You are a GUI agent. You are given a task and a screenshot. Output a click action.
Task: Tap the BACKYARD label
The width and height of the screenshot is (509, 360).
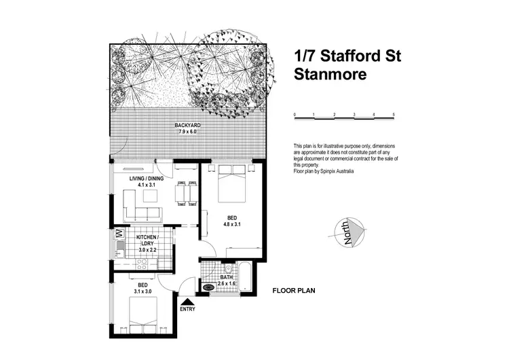click(187, 126)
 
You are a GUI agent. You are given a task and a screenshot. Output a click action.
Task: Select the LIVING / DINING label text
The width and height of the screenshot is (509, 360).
click(143, 179)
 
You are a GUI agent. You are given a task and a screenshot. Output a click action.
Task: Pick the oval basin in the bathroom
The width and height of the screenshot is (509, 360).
click(209, 287)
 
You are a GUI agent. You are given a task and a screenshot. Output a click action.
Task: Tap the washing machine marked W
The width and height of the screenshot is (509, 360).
click(118, 234)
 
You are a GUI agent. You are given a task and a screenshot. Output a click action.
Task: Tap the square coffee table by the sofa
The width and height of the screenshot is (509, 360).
click(150, 196)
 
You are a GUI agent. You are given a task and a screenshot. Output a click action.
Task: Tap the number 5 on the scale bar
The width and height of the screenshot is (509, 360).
click(394, 114)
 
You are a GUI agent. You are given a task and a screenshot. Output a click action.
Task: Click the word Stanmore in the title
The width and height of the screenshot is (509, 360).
click(331, 75)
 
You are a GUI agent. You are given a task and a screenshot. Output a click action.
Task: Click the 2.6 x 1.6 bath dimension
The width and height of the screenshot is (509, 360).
click(229, 283)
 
